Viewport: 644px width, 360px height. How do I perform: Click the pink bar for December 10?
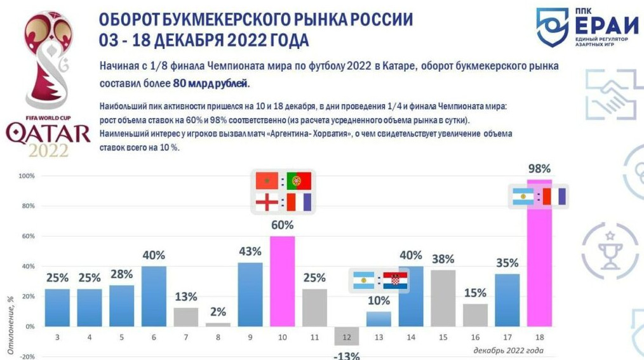coord(283,281)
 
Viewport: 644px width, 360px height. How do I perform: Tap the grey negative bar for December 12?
coord(347,336)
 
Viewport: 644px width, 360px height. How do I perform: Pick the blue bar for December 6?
coord(153,297)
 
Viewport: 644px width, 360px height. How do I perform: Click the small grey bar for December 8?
coord(218,324)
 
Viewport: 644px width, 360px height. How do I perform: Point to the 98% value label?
coord(540,169)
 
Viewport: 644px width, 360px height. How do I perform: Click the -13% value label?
coord(347,356)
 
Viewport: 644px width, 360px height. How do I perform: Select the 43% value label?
coord(250,251)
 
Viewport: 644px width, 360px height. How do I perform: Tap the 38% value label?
coord(444,258)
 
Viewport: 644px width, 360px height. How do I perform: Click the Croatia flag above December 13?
coord(397,280)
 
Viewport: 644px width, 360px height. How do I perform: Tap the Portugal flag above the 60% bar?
coord(298,181)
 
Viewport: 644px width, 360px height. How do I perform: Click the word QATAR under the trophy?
coord(48,134)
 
